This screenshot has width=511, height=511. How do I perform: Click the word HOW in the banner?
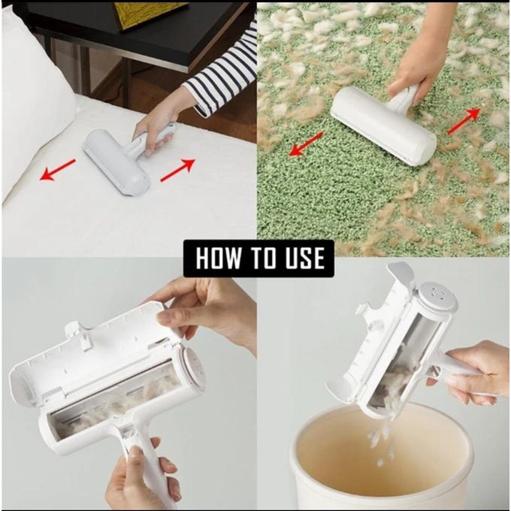(x=219, y=258)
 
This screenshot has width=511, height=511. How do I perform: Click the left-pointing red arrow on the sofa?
(x=58, y=170)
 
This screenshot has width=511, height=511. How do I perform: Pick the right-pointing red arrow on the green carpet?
(x=463, y=120)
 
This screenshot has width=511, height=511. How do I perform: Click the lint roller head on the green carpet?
(x=382, y=123)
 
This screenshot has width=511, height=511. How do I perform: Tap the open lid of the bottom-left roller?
(x=90, y=346)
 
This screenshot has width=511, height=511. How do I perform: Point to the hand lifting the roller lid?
(x=210, y=308)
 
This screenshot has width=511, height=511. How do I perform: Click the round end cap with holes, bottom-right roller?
(x=436, y=298)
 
